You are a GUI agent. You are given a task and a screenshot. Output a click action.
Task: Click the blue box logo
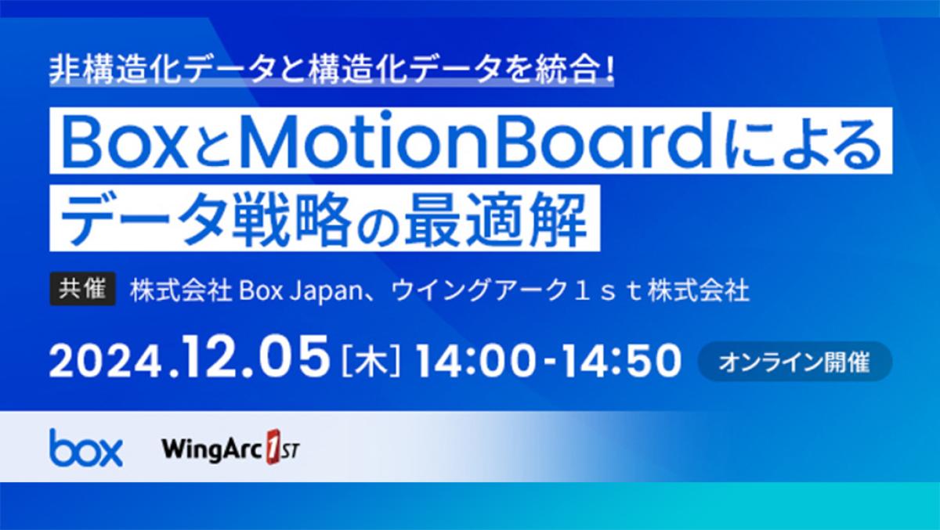click(x=86, y=447)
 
